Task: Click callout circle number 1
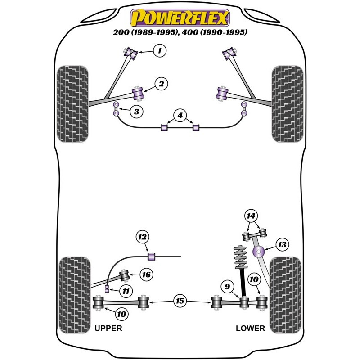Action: point(159,50)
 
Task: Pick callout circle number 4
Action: point(180,116)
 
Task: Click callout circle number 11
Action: point(126,291)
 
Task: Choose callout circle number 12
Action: point(143,237)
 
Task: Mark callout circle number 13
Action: point(282,245)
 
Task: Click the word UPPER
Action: point(108,328)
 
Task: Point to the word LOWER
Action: point(250,328)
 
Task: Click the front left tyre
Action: point(73,104)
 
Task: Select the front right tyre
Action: point(286,104)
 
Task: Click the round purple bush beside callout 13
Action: point(260,252)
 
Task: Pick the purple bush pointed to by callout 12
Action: point(152,256)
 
